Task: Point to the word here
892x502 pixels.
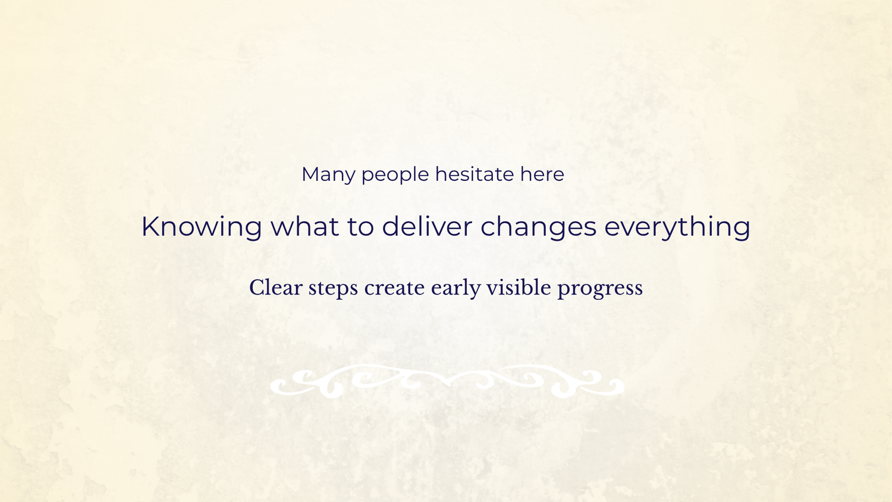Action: pyautogui.click(x=542, y=174)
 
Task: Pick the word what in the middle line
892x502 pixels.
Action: pyautogui.click(x=304, y=226)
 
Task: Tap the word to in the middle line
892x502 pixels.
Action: pyautogui.click(x=360, y=227)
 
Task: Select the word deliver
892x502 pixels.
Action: pyautogui.click(x=427, y=226)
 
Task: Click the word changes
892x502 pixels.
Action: pyautogui.click(x=538, y=228)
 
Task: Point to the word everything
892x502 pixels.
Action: pyautogui.click(x=677, y=228)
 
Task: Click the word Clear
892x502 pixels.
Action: pyautogui.click(x=275, y=288)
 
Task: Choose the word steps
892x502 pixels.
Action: pyautogui.click(x=333, y=289)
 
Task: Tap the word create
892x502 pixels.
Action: pyautogui.click(x=394, y=288)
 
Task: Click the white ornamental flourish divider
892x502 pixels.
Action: pyautogui.click(x=447, y=382)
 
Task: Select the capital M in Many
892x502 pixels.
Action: pyautogui.click(x=311, y=174)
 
